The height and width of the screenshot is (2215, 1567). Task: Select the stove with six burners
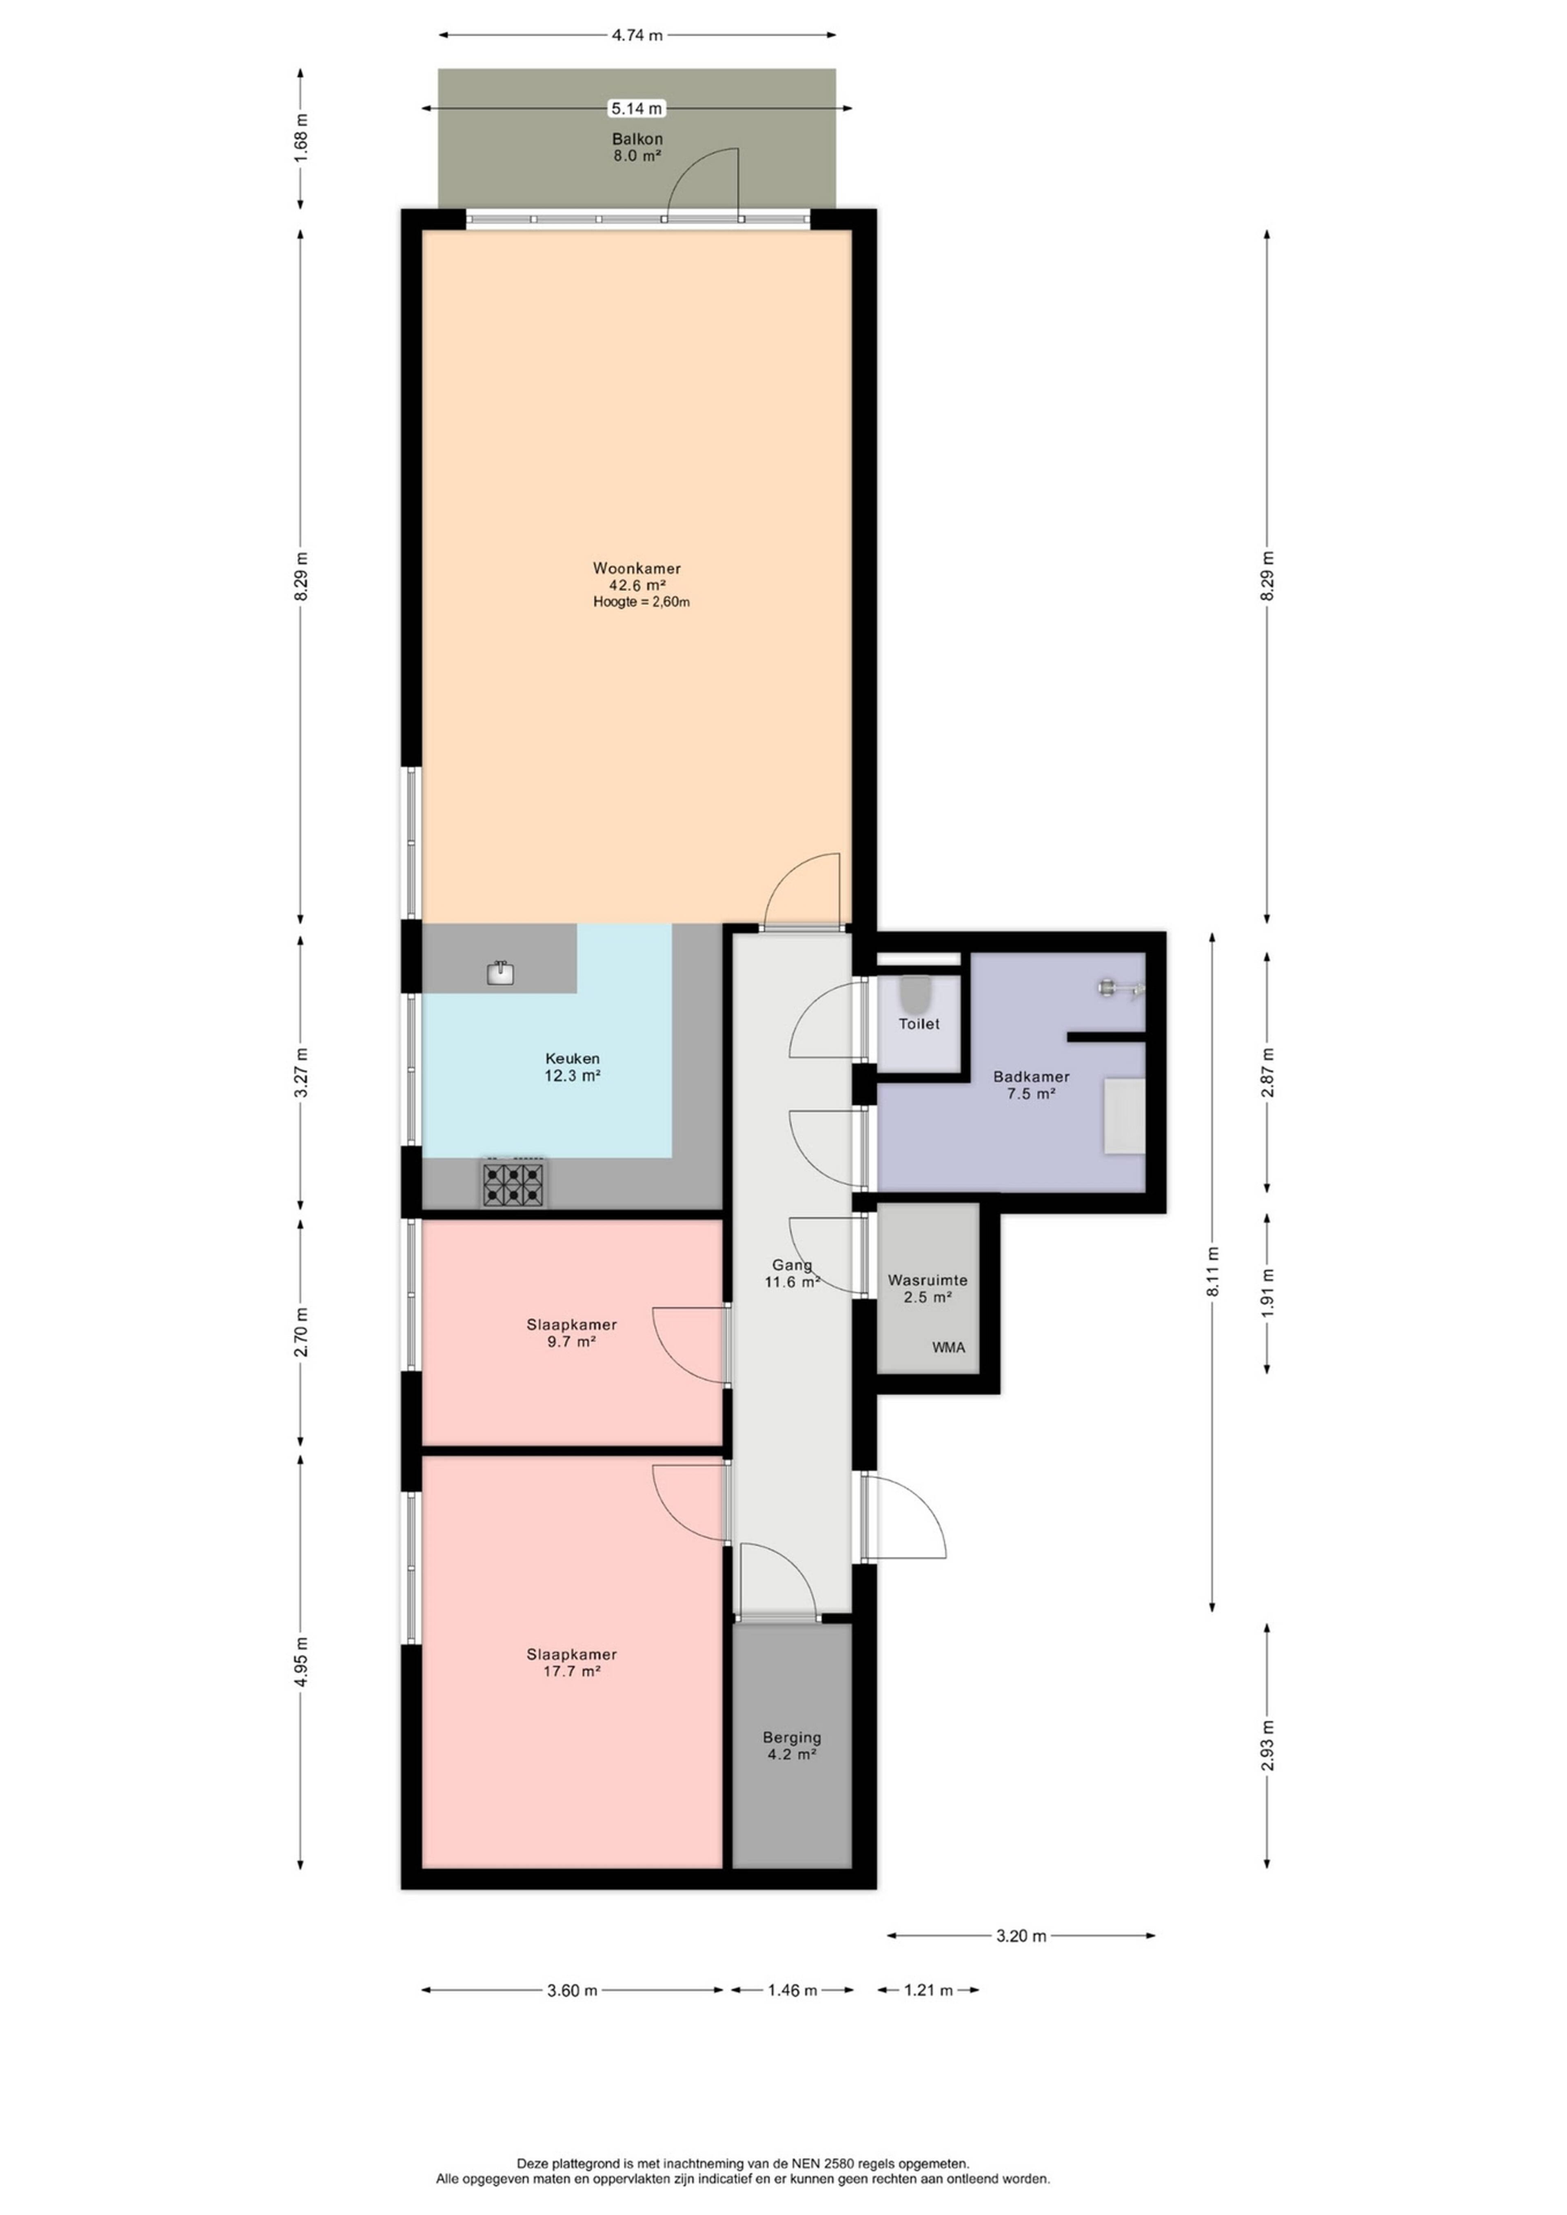pos(513,1183)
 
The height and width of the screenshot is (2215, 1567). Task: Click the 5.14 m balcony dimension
pos(637,109)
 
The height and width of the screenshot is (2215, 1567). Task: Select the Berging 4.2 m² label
pos(792,1745)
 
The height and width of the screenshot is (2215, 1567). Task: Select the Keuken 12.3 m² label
pos(572,1067)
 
